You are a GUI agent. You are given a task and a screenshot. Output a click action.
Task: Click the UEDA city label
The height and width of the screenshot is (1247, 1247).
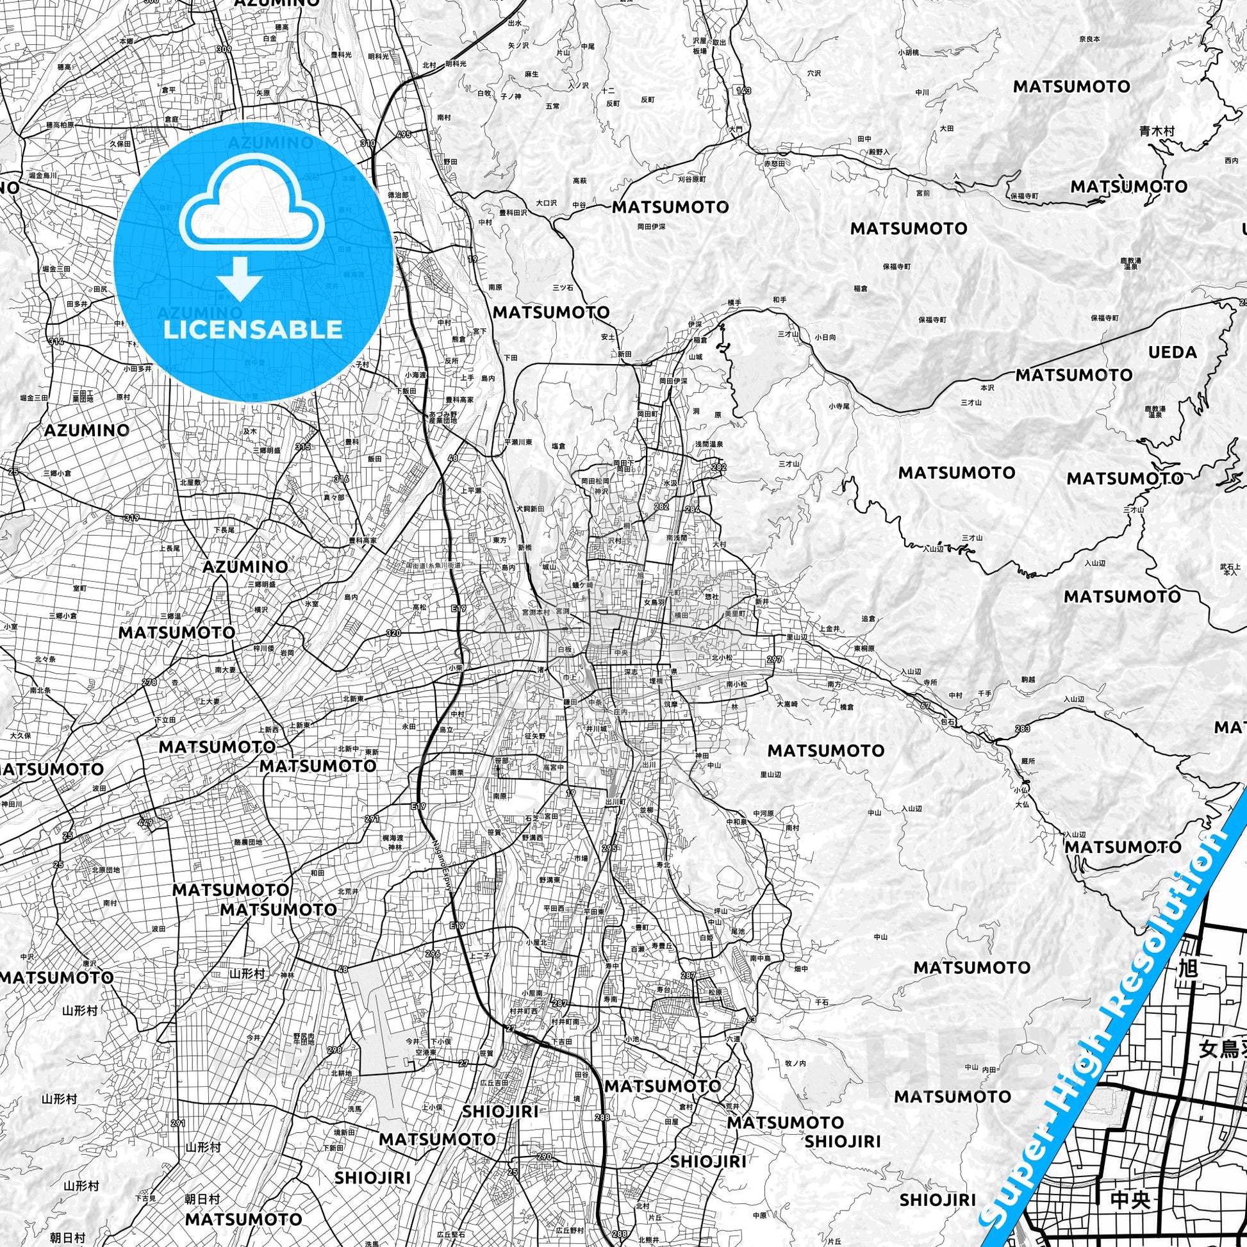tap(1172, 352)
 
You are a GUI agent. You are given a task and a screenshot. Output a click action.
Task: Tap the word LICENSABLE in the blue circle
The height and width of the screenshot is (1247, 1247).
tap(252, 329)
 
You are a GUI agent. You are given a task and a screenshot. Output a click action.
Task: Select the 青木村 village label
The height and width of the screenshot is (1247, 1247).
tap(1157, 131)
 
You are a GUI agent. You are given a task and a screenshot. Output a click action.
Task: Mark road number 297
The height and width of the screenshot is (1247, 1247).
tap(774, 659)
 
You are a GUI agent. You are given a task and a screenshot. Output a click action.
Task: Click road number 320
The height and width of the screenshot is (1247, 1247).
tap(393, 633)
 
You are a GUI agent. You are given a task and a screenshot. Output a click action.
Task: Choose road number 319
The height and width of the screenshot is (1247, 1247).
tap(131, 517)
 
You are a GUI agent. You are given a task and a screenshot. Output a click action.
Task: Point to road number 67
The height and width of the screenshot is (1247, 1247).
tap(925, 706)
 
